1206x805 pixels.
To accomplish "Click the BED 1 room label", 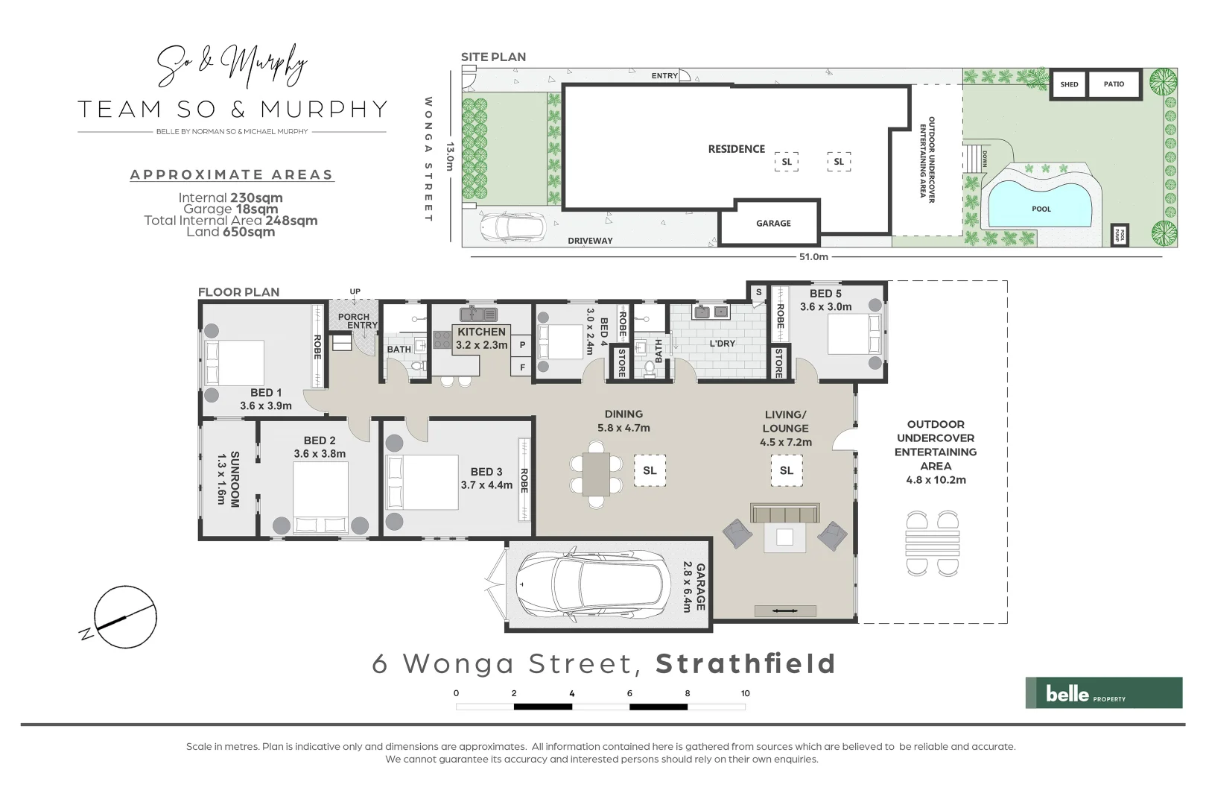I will pyautogui.click(x=266, y=393).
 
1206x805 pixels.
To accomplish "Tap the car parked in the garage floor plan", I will pyautogui.click(x=588, y=584).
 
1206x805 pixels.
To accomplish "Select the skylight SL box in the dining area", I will pyautogui.click(x=650, y=470).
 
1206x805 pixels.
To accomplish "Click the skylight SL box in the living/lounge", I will pyautogui.click(x=787, y=470).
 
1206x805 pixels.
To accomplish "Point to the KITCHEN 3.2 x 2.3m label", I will pyautogui.click(x=481, y=338).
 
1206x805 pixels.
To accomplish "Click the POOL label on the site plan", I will pyautogui.click(x=1041, y=209).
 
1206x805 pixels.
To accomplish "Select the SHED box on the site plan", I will pyautogui.click(x=1069, y=84).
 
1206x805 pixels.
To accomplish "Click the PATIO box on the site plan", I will pyautogui.click(x=1114, y=84).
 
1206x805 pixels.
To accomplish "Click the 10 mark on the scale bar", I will pyautogui.click(x=745, y=693).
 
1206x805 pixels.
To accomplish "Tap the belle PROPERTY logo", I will pyautogui.click(x=1103, y=692).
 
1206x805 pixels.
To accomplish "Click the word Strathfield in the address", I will pyautogui.click(x=746, y=663).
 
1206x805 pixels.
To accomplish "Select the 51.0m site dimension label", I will pyautogui.click(x=813, y=256).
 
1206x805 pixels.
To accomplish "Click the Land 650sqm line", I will pyautogui.click(x=231, y=232).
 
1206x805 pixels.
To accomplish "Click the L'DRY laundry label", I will pyautogui.click(x=722, y=344).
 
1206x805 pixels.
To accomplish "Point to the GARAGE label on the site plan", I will pyautogui.click(x=773, y=223).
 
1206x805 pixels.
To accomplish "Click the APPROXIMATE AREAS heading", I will pyautogui.click(x=231, y=174).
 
